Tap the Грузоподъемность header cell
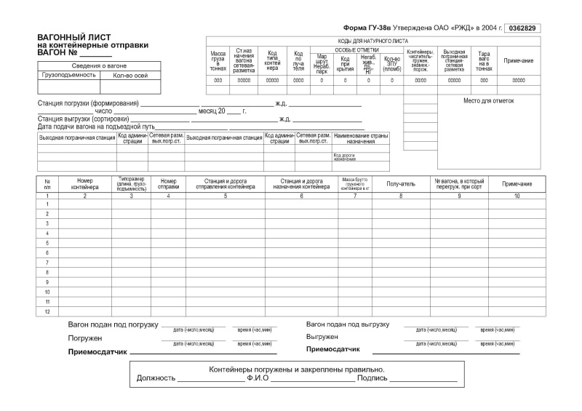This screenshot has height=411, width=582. pyautogui.click(x=70, y=74)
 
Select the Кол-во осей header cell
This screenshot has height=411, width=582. pyautogui.click(x=130, y=74)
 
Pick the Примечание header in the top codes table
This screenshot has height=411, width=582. pyautogui.click(x=519, y=60)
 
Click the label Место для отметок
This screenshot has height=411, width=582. pyautogui.click(x=488, y=100)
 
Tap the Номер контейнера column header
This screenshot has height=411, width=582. pyautogui.click(x=84, y=183)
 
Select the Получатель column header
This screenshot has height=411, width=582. pyautogui.click(x=401, y=184)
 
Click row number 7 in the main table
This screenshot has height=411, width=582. pyautogui.click(x=47, y=262)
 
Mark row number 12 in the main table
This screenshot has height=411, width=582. pyautogui.click(x=47, y=311)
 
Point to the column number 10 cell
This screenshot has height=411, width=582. pyautogui.click(x=517, y=196)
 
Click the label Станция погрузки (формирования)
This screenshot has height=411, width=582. pyautogui.click(x=88, y=103)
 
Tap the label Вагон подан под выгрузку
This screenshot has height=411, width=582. pyautogui.click(x=348, y=324)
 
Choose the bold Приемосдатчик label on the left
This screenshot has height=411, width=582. pyautogui.click(x=97, y=351)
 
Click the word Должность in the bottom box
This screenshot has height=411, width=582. pyautogui.click(x=156, y=378)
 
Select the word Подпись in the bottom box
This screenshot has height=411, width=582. pyautogui.click(x=371, y=378)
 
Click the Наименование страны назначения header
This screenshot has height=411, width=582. pyautogui.click(x=361, y=139)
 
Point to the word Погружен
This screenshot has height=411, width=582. pyautogui.click(x=85, y=338)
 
